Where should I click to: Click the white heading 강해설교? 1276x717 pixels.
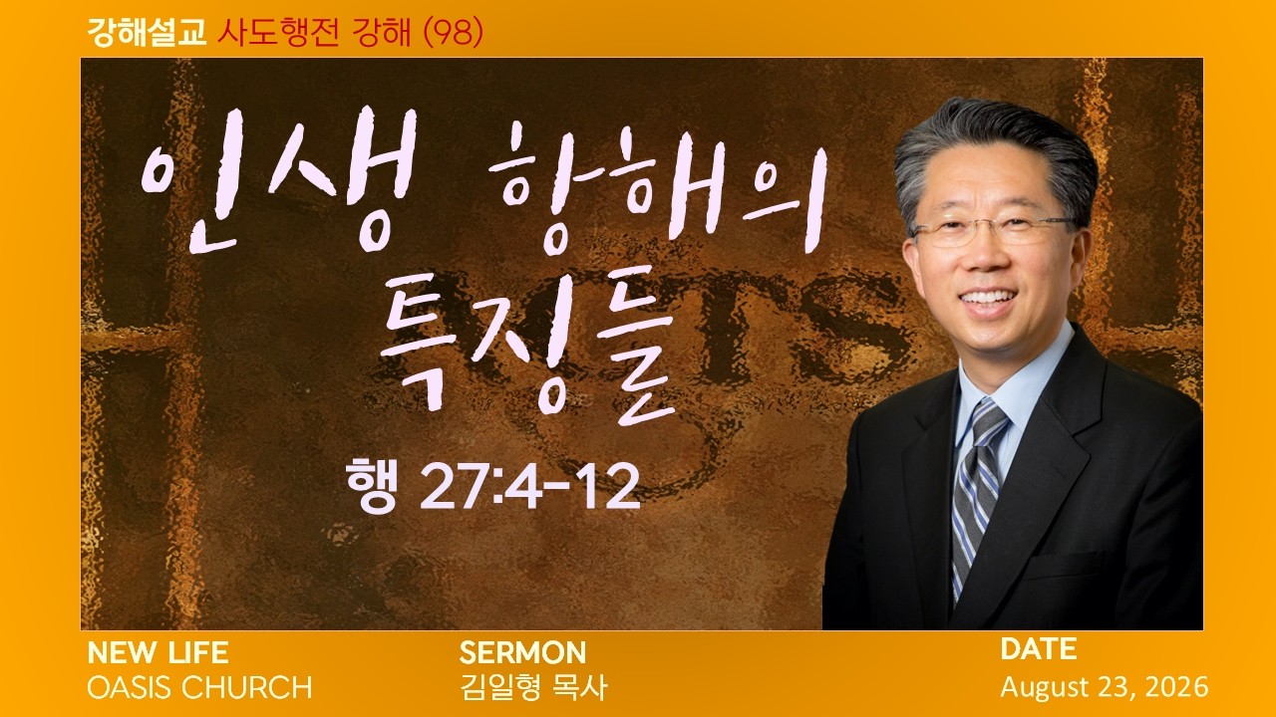pos(147,33)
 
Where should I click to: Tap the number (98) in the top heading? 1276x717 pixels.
pos(454,33)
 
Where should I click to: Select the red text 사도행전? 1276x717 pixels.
pos(278,33)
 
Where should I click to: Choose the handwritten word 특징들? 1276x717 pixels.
pos(527,353)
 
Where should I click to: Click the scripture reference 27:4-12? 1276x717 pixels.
pos(529,487)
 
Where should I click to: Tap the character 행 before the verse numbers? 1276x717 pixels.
pos(371,485)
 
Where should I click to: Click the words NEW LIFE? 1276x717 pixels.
pos(158,652)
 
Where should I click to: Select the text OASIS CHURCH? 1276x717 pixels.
pos(199,687)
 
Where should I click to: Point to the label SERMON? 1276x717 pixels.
pos(522,652)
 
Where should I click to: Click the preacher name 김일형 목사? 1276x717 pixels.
pos(533,687)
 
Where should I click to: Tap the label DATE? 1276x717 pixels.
pos(1039,649)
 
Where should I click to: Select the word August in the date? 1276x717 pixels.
pos(1045,688)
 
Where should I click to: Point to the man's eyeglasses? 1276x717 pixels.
pos(994,229)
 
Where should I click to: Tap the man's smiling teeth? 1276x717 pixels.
pos(989,298)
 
